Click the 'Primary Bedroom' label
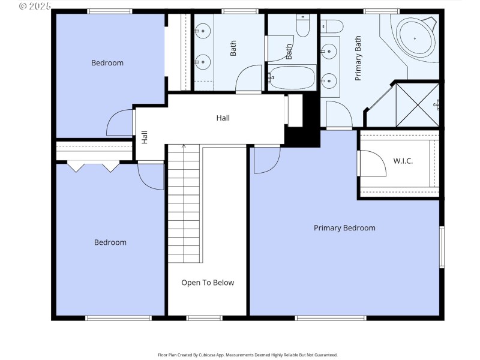pyautogui.click(x=344, y=228)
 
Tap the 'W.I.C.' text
pyautogui.click(x=403, y=161)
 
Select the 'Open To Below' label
pyautogui.click(x=208, y=283)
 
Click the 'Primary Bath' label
pyautogui.click(x=358, y=59)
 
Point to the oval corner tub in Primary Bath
pyautogui.click(x=415, y=39)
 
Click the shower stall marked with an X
pyautogui.click(x=418, y=105)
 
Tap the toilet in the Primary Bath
pyautogui.click(x=331, y=26)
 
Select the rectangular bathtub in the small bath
pyautogui.click(x=291, y=77)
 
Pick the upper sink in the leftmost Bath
pyautogui.click(x=203, y=29)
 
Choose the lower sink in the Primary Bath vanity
pyautogui.click(x=328, y=79)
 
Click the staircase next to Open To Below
pyautogui.click(x=184, y=204)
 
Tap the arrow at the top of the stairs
pyautogui.click(x=184, y=146)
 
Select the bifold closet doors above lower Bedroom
pyautogui.click(x=94, y=166)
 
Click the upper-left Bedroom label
pyautogui.click(x=107, y=63)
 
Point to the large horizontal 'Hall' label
pyautogui.click(x=223, y=118)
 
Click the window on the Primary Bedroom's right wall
pyautogui.click(x=442, y=247)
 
